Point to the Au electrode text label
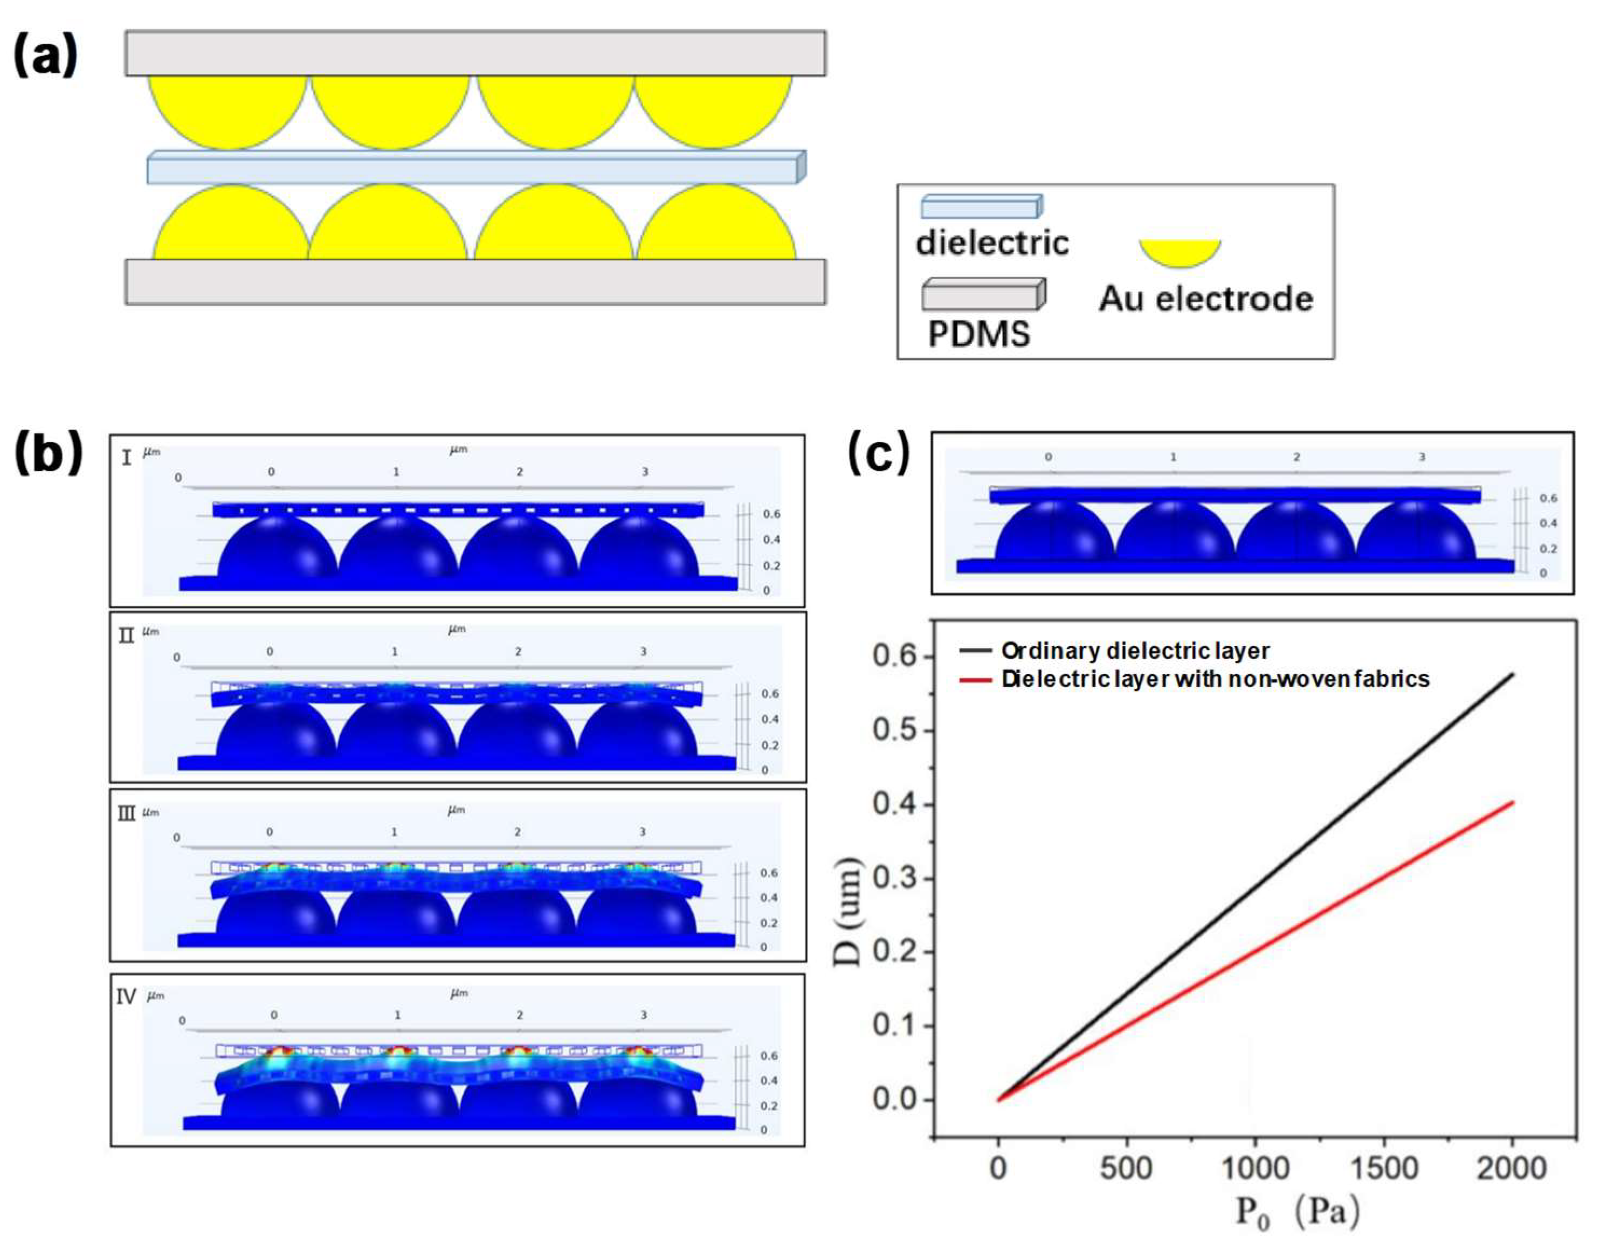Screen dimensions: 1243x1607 [x=1206, y=299]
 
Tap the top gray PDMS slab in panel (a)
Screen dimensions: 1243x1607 [x=474, y=53]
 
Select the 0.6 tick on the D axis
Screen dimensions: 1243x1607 [x=893, y=655]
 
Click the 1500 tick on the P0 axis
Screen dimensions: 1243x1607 [x=1383, y=1168]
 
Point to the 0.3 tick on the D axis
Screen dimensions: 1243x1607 [x=893, y=878]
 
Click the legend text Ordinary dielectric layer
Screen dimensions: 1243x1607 [x=1135, y=651]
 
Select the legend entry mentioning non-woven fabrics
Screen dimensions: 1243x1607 [x=1215, y=679]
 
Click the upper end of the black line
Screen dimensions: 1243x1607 [x=1512, y=673]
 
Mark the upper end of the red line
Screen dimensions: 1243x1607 [x=1512, y=802]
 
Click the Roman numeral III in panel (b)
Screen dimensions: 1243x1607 [x=127, y=813]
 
